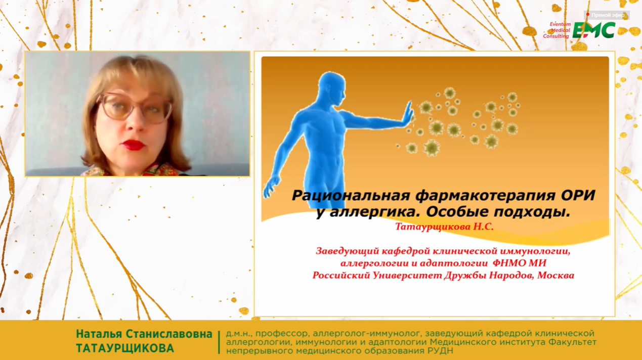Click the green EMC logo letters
(x=593, y=30)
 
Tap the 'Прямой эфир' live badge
(x=606, y=15)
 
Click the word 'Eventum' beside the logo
(x=560, y=24)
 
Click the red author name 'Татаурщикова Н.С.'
(x=445, y=227)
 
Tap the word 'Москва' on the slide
(x=555, y=275)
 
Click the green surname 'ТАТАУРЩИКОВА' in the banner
(x=125, y=348)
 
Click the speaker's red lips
(x=133, y=145)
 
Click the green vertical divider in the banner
(x=219, y=342)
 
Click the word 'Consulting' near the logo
(x=555, y=36)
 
